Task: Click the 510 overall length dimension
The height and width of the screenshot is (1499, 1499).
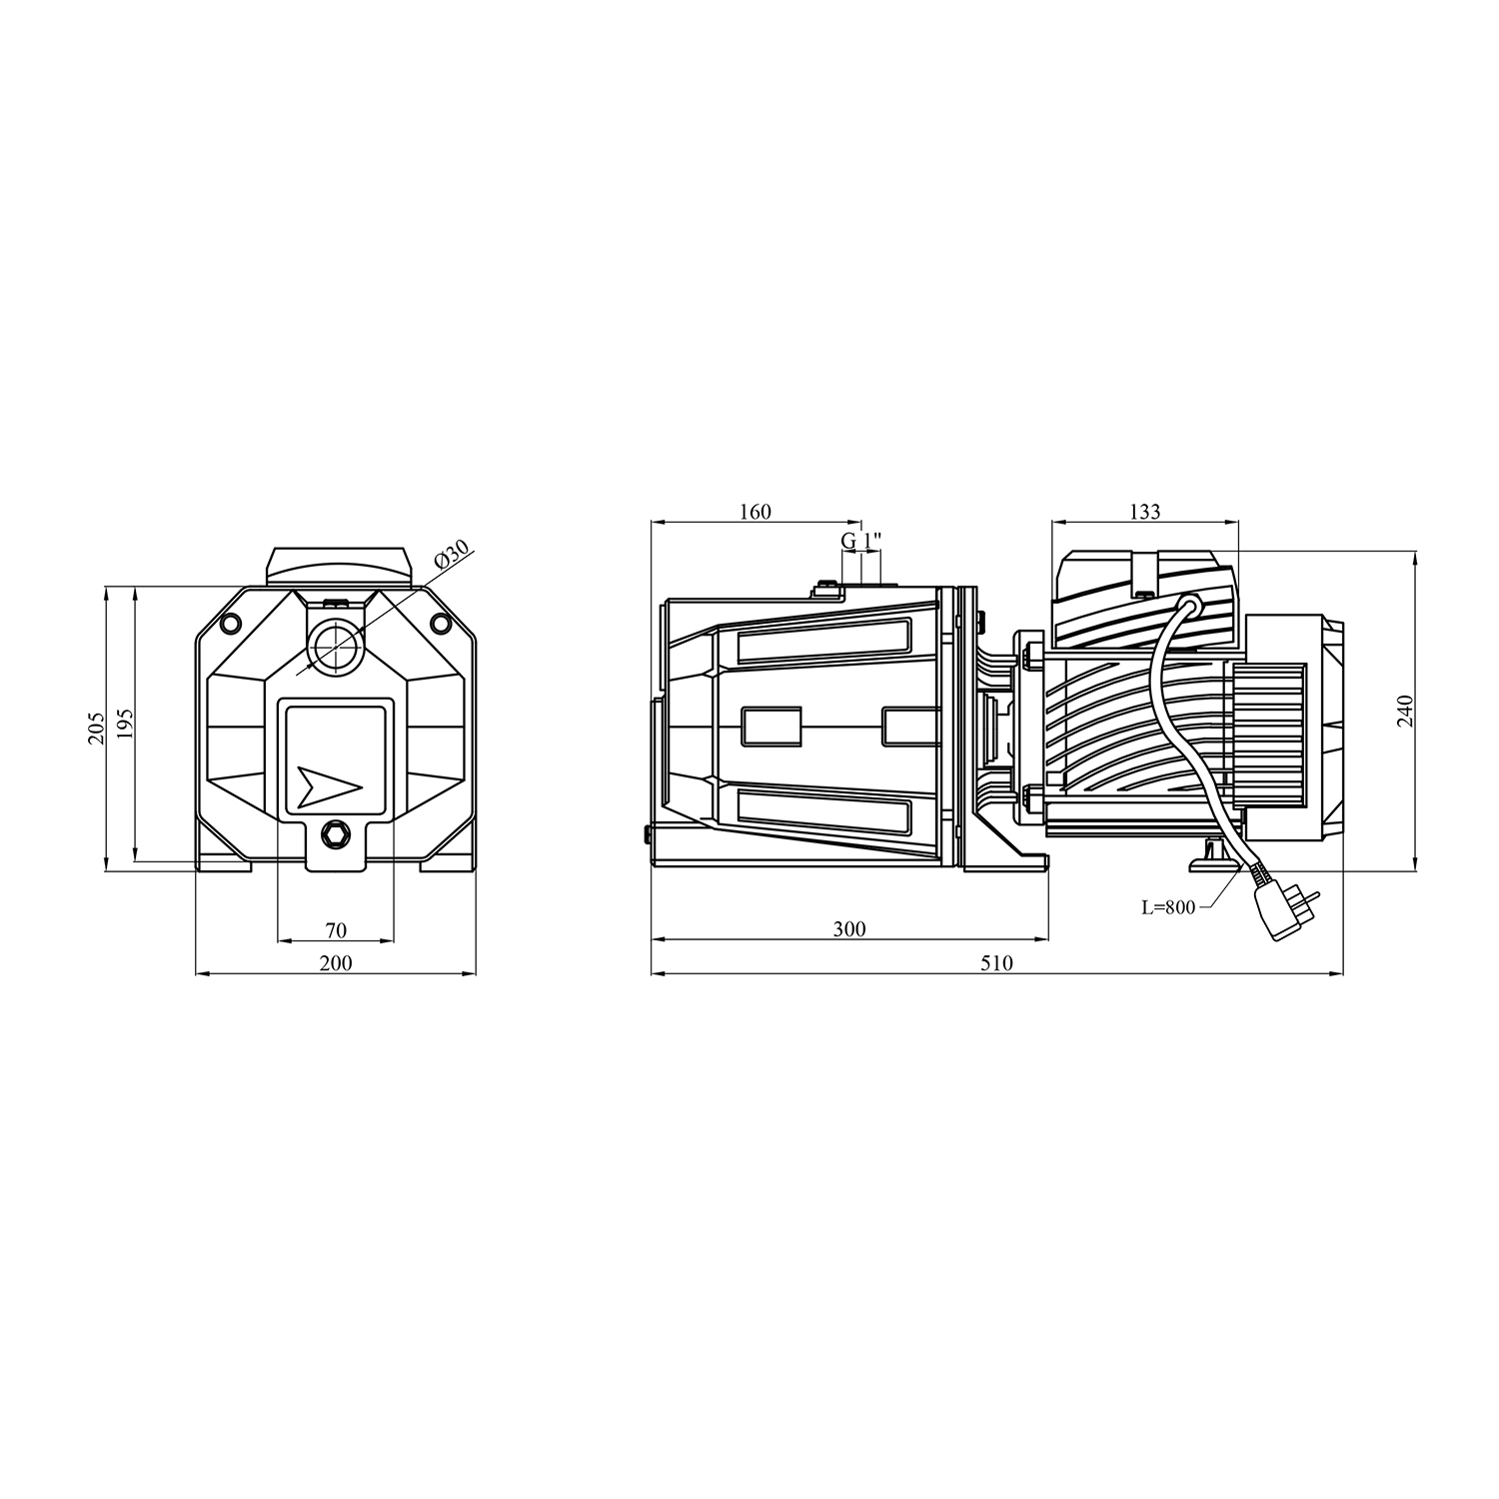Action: (x=996, y=963)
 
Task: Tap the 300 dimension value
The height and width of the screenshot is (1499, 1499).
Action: (x=848, y=929)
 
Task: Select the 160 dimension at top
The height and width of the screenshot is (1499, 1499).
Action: (x=755, y=512)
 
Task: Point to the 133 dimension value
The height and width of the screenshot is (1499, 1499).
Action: (x=1145, y=512)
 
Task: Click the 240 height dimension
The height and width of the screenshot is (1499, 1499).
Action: (x=1406, y=710)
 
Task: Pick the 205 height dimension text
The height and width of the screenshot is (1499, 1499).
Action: (x=96, y=729)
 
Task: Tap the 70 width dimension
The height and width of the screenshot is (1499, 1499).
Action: (x=336, y=930)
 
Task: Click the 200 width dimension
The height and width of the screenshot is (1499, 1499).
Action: (x=336, y=963)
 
